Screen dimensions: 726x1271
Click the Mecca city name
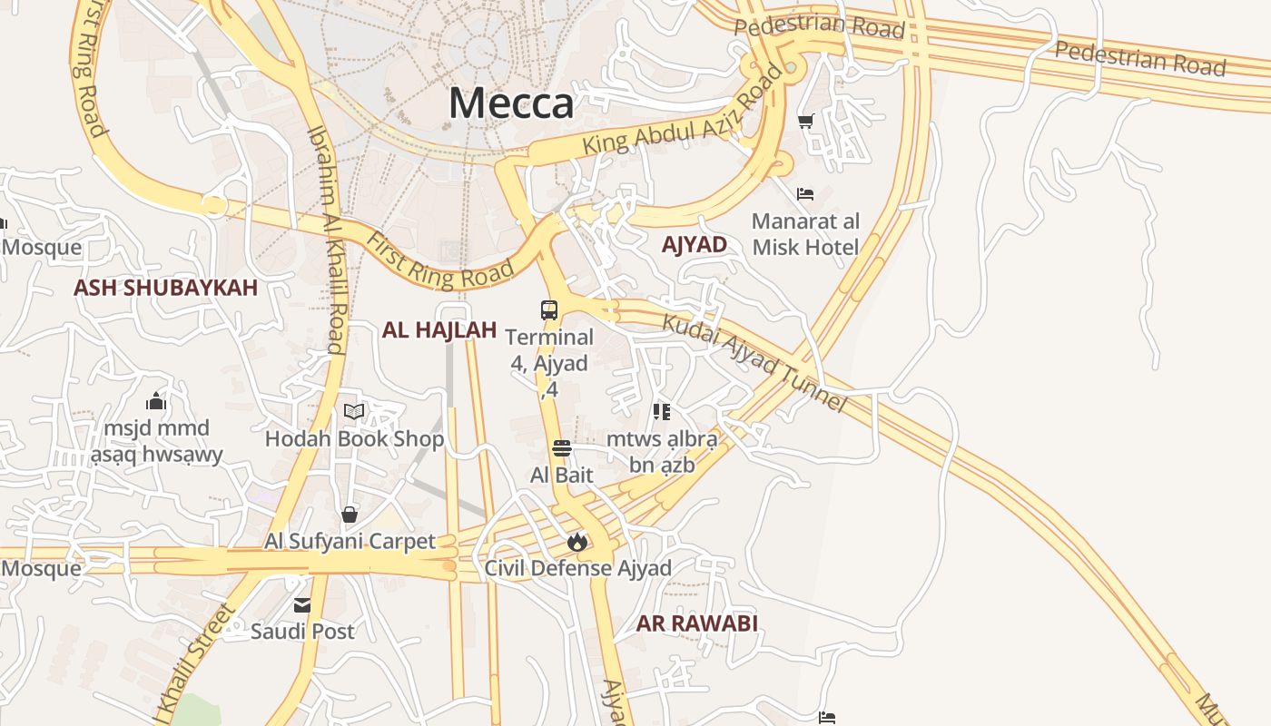511,103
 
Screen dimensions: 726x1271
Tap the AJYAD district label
695,244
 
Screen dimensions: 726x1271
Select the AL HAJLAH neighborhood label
439,330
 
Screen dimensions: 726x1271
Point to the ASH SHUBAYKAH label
166,288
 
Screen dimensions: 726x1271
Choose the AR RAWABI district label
697,623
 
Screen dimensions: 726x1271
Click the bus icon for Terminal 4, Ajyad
549,310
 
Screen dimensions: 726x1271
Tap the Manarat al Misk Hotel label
805,234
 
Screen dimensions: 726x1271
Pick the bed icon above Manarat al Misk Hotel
804,194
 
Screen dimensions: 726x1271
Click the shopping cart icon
805,121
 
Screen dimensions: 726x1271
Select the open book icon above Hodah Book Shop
354,412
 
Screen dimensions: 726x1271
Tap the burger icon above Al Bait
562,448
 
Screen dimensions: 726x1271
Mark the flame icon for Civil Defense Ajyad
576,543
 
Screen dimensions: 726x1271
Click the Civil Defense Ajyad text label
577,569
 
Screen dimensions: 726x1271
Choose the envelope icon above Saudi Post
302,605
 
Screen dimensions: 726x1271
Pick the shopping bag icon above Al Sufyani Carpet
350,515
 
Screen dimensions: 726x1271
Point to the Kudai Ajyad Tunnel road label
754,362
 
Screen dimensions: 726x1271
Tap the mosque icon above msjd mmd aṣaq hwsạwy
156,401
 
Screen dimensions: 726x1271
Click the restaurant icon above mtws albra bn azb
662,412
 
